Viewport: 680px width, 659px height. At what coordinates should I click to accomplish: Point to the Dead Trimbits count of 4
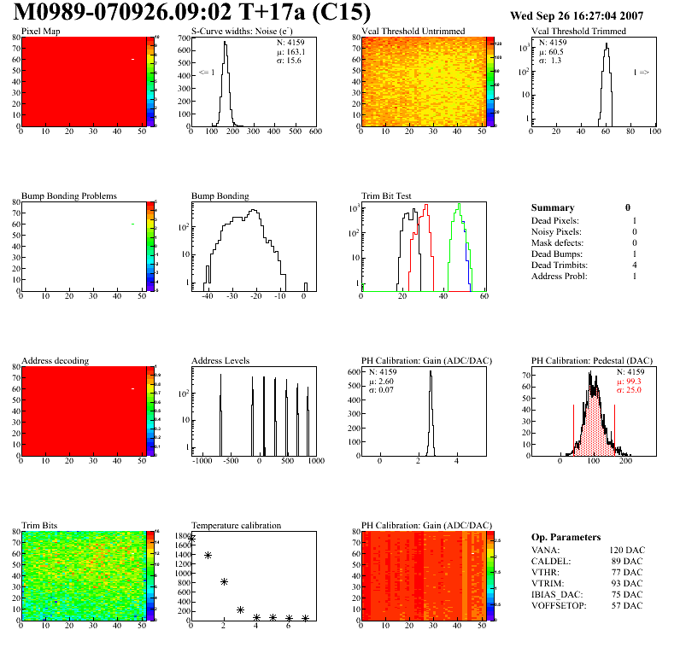coord(634,265)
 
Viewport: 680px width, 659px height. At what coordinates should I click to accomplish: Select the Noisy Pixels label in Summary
coord(556,231)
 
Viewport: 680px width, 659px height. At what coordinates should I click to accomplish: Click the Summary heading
coord(553,207)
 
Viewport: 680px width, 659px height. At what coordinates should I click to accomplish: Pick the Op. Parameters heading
coord(566,537)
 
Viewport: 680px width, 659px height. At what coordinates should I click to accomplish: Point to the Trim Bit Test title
coord(386,195)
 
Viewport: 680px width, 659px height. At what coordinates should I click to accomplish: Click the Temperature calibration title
coord(236,525)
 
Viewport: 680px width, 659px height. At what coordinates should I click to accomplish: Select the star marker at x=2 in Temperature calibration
coord(224,581)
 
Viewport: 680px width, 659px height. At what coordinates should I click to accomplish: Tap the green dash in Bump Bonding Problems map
coord(133,225)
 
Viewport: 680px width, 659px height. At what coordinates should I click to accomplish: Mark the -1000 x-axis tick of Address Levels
coord(202,461)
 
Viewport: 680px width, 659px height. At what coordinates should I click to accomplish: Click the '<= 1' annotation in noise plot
coord(206,73)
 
